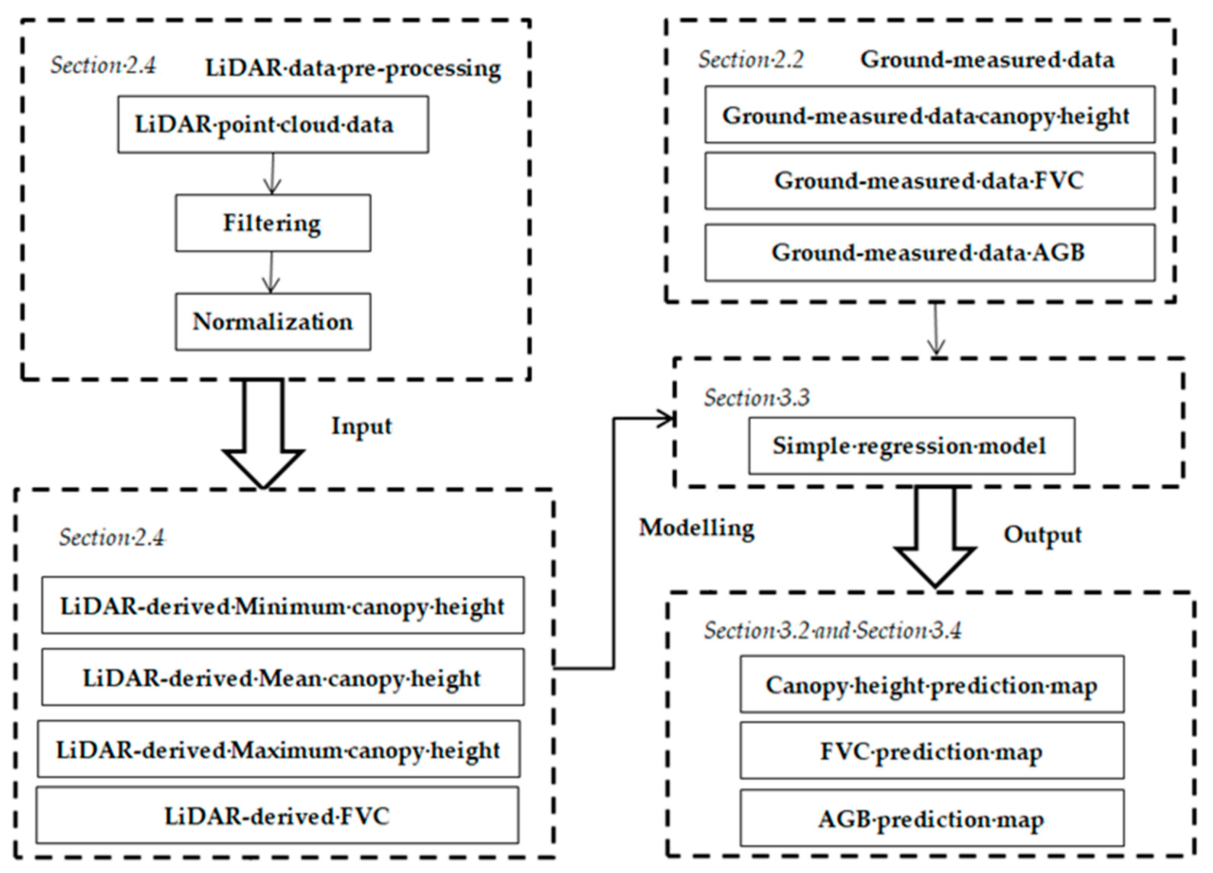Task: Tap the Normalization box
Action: tap(273, 321)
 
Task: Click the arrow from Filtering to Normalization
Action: tap(271, 272)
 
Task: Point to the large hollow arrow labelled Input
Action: tap(263, 433)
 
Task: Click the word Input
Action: tap(362, 426)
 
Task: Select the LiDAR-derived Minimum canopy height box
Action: tap(283, 606)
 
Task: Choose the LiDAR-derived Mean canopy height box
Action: tap(283, 677)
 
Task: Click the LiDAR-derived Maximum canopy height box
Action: tap(279, 749)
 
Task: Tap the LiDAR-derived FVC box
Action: tap(277, 815)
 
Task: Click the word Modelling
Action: tap(696, 528)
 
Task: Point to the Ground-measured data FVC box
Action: tap(930, 181)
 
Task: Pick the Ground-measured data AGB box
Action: tap(930, 253)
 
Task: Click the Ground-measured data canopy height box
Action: tap(930, 115)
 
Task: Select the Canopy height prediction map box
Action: tap(932, 684)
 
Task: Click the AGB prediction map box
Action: tap(932, 818)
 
